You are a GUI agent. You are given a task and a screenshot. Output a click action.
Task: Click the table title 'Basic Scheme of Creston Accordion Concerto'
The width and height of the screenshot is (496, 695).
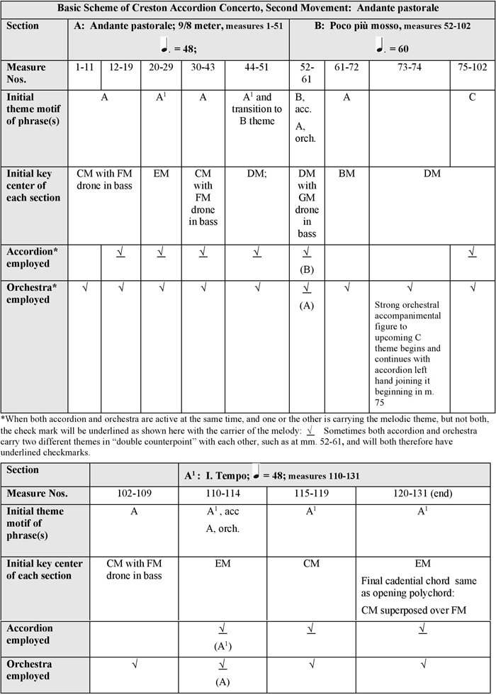tap(247, 9)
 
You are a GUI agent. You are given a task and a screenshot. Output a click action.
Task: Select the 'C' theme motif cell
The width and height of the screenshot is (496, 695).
tap(471, 97)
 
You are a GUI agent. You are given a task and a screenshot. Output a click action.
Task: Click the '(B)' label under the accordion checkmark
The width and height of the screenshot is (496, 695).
tap(307, 269)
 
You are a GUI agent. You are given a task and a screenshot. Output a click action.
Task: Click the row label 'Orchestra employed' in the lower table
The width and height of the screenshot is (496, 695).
tap(35, 669)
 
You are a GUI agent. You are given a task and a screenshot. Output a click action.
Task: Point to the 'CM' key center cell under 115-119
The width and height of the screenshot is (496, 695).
tap(308, 565)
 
